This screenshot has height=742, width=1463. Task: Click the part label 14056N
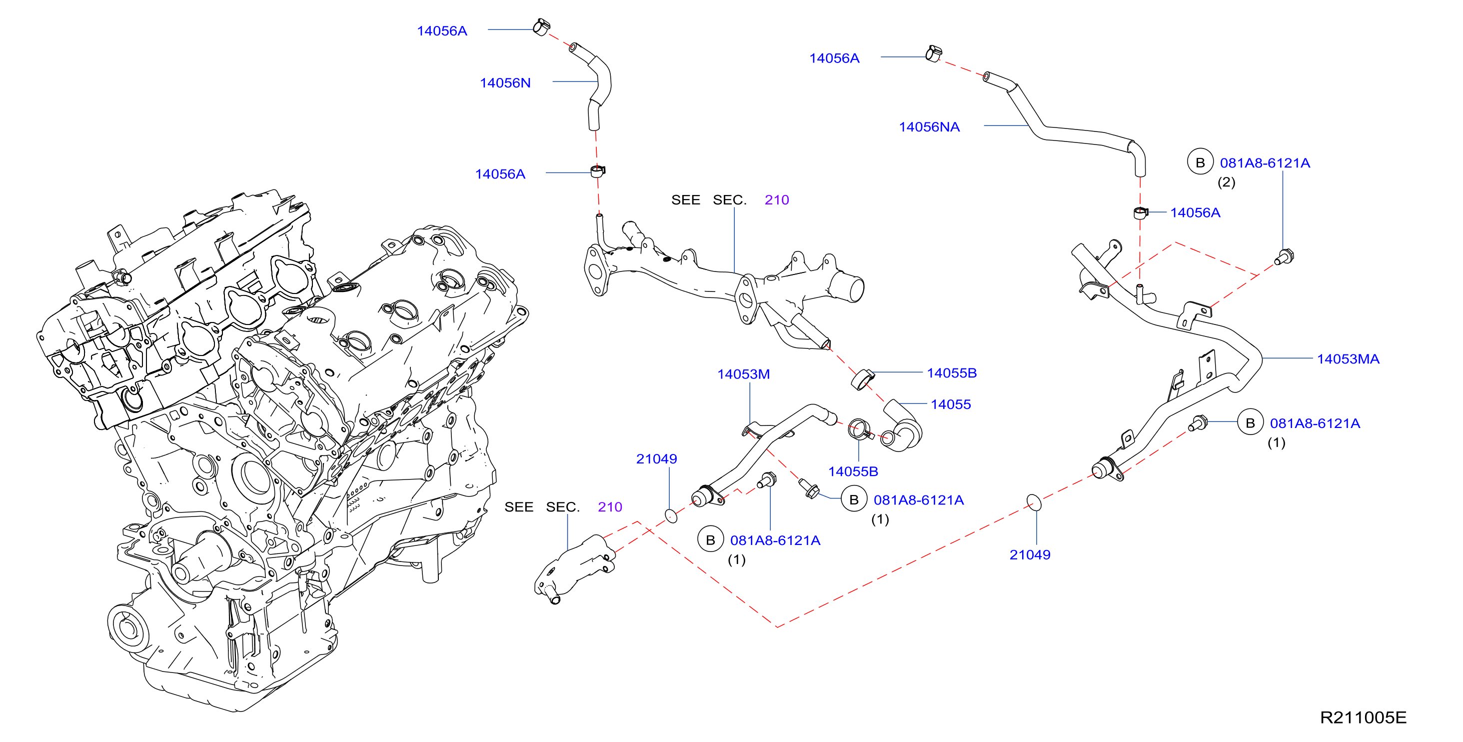pyautogui.click(x=505, y=83)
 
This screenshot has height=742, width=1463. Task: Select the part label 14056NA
pyautogui.click(x=929, y=126)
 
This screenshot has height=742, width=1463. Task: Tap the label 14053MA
pyautogui.click(x=1348, y=359)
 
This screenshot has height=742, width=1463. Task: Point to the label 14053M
pyautogui.click(x=743, y=374)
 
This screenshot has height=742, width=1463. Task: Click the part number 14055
pyautogui.click(x=951, y=404)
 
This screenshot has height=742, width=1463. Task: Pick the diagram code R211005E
pyautogui.click(x=1363, y=717)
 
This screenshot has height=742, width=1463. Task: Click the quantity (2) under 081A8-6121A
pyautogui.click(x=1226, y=182)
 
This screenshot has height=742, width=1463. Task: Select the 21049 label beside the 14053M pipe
pyautogui.click(x=657, y=459)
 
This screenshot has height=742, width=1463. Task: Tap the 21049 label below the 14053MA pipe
pyautogui.click(x=1030, y=555)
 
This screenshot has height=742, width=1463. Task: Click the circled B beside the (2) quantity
pyautogui.click(x=1200, y=162)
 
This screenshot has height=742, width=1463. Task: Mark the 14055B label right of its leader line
pyautogui.click(x=952, y=373)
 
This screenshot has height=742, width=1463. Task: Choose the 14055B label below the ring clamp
pyautogui.click(x=853, y=471)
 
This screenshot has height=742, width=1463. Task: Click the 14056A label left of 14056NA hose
pyautogui.click(x=834, y=58)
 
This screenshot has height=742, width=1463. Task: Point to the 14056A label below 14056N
pyautogui.click(x=500, y=174)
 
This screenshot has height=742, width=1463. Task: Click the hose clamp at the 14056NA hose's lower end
pyautogui.click(x=1141, y=213)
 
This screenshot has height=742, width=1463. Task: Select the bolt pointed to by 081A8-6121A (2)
pyautogui.click(x=1284, y=257)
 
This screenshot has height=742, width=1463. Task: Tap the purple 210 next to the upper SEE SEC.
pyautogui.click(x=776, y=200)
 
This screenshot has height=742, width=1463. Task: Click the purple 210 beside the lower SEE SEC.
pyautogui.click(x=610, y=507)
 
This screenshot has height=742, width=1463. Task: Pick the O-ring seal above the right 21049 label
pyautogui.click(x=1034, y=503)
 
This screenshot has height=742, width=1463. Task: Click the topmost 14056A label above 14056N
pyautogui.click(x=442, y=31)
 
